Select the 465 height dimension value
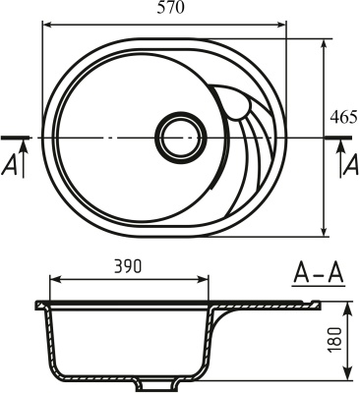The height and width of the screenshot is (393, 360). [343, 117]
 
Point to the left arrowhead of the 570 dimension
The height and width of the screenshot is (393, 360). [44, 24]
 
